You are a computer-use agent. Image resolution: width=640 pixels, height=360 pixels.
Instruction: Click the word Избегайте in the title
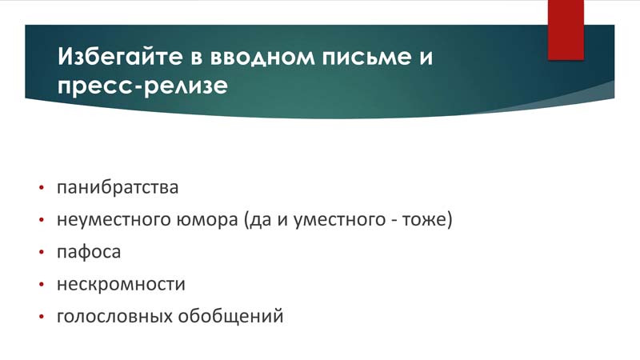(x=120, y=56)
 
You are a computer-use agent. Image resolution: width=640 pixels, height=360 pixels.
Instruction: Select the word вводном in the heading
(x=262, y=58)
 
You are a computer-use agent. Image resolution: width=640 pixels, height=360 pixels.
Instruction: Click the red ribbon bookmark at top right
(x=566, y=30)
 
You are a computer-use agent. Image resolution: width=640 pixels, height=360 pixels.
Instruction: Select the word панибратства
(x=118, y=187)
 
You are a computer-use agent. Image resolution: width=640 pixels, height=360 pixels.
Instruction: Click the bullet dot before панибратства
(x=42, y=188)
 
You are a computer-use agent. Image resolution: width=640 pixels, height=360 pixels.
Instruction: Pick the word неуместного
(x=114, y=219)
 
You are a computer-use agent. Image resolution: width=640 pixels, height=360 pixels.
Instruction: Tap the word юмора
(x=207, y=220)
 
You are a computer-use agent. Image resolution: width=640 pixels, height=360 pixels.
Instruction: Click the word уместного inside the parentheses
(x=339, y=219)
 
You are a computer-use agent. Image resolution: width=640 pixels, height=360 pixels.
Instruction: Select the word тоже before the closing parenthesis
(x=425, y=219)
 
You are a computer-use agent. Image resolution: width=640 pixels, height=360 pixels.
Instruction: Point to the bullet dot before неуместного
(x=42, y=220)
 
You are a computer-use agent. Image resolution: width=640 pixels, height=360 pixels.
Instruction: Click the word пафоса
(x=89, y=252)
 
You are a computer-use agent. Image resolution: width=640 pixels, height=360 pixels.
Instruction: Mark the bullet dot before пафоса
(x=42, y=252)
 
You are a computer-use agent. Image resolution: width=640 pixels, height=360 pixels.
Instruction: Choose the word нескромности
(x=121, y=284)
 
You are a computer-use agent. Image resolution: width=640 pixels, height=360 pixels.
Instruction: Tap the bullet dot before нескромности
(x=42, y=285)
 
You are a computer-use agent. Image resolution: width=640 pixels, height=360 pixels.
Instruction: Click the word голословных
(x=114, y=316)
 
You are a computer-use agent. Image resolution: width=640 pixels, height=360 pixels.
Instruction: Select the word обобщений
(x=230, y=316)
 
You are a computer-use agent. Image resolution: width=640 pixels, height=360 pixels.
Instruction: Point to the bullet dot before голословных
(x=42, y=317)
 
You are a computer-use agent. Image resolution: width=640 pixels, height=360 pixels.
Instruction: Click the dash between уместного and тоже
(x=394, y=222)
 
